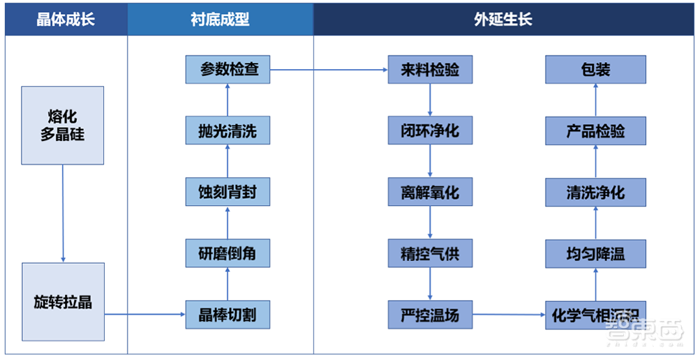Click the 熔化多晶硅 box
click(63, 126)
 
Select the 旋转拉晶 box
click(63, 302)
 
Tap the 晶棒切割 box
click(228, 315)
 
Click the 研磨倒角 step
click(228, 253)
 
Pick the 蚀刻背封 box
click(228, 192)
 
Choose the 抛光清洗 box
click(228, 130)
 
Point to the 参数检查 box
click(228, 70)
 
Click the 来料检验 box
click(430, 70)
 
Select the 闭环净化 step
click(430, 130)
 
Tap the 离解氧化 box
click(430, 192)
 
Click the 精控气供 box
click(430, 253)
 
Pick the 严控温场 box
click(430, 315)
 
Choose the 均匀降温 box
click(595, 253)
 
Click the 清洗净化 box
click(595, 192)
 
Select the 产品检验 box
click(595, 130)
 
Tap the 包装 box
click(595, 70)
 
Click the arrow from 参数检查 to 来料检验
click(328, 70)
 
